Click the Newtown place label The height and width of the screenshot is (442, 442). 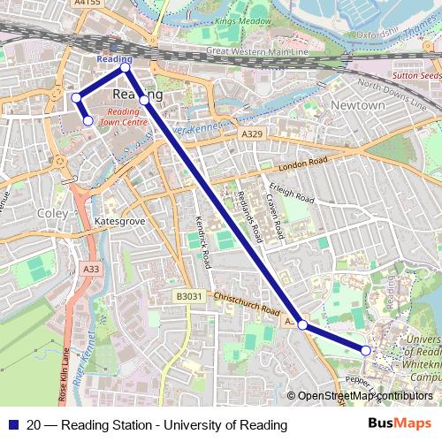[x=357, y=105]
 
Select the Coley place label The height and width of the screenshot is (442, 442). [x=52, y=213]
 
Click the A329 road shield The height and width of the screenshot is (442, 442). [x=253, y=132]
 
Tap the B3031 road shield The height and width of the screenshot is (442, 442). [x=188, y=296]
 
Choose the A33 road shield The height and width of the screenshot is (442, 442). [x=90, y=269]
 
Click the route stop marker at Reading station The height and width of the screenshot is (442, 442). [x=126, y=67]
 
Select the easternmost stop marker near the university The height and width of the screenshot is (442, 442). [x=366, y=351]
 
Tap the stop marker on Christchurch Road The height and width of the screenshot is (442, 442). [x=303, y=325]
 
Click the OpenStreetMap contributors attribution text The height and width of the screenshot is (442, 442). [x=363, y=396]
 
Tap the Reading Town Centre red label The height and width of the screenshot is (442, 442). [x=124, y=118]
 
